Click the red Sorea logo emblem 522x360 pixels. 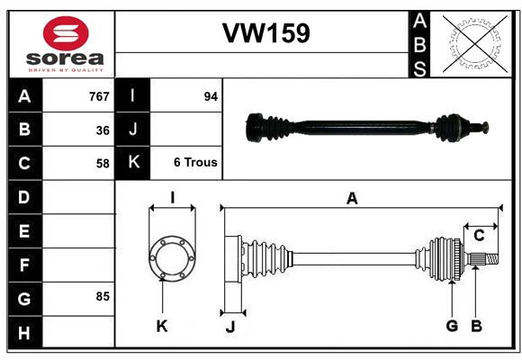(x=66, y=33)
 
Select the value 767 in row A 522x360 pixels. (x=98, y=96)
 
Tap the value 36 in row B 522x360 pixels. (x=103, y=130)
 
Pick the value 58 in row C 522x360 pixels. (x=103, y=164)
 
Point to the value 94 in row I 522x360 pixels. (x=211, y=96)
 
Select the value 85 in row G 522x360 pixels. (x=103, y=296)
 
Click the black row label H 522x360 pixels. (x=24, y=333)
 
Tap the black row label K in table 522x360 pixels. (x=133, y=163)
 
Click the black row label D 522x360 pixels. (x=24, y=196)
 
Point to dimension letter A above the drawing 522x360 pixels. (x=352, y=199)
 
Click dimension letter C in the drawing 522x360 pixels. (x=479, y=235)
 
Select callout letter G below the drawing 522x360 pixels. (x=452, y=325)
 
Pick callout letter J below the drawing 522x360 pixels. (x=229, y=326)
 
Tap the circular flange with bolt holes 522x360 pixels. (x=172, y=257)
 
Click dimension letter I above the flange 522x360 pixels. (x=171, y=197)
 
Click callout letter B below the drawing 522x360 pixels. (x=477, y=325)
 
